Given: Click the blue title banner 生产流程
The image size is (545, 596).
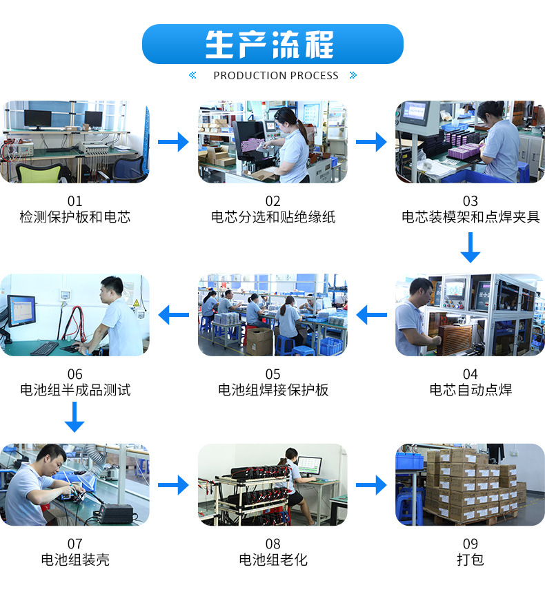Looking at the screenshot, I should click(x=272, y=44).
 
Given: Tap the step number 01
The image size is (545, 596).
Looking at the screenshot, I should click(x=75, y=201).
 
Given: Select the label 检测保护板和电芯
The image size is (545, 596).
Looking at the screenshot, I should click(x=75, y=217).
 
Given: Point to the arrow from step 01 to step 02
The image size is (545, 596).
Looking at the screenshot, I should click(x=173, y=142).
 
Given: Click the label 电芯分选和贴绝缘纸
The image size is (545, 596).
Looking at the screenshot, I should click(x=272, y=217).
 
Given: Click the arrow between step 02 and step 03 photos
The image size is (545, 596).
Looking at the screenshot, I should click(x=371, y=142).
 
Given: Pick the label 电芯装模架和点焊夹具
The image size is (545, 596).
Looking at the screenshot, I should click(x=470, y=217).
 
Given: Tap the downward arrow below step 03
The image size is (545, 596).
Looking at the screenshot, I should click(x=470, y=247).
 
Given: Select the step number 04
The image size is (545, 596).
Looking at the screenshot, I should click(x=470, y=374).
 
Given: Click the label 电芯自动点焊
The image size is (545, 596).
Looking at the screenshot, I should click(x=470, y=390).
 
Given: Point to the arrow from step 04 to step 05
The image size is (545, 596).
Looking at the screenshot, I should click(x=371, y=316).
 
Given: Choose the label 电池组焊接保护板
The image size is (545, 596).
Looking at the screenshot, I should click(x=272, y=390).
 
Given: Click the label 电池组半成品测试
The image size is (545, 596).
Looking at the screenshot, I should click(x=75, y=390).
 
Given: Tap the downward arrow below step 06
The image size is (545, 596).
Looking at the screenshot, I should click(x=75, y=417).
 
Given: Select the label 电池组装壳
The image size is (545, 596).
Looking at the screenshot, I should click(x=75, y=559).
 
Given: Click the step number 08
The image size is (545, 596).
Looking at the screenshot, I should click(x=272, y=544).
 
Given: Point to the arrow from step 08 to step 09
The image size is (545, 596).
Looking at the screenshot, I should click(x=371, y=485).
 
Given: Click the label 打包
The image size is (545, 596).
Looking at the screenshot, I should click(x=470, y=559).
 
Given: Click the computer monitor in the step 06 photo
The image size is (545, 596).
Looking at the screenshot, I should click(x=21, y=311).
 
